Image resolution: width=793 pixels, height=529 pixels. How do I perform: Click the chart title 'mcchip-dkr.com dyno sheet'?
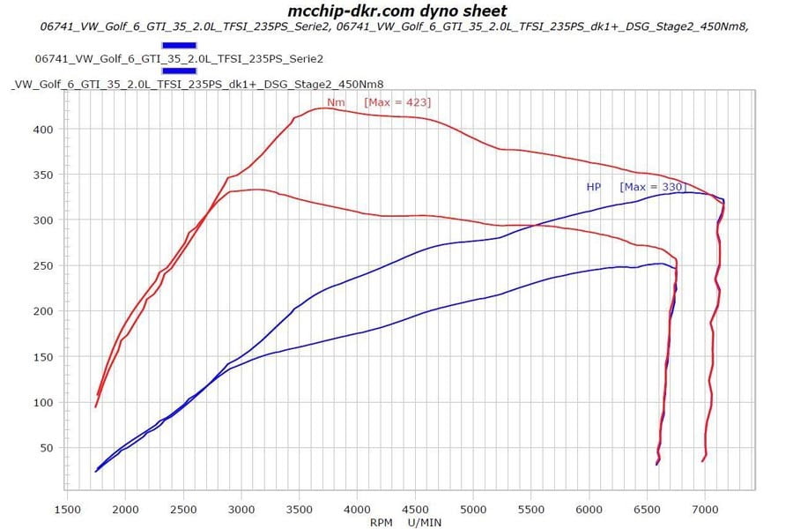[397, 11]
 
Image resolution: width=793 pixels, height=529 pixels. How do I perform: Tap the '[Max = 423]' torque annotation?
[397, 103]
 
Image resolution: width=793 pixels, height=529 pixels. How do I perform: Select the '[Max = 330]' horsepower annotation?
[652, 187]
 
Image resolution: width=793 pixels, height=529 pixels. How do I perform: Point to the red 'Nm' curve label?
[336, 103]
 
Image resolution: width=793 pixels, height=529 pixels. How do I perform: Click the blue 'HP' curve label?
[593, 187]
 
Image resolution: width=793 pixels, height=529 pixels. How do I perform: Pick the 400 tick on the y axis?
[44, 130]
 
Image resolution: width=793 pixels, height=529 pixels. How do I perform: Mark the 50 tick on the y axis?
[48, 448]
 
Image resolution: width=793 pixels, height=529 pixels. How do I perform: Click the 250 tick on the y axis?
[44, 265]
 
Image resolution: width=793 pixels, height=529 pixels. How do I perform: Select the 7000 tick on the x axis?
[705, 509]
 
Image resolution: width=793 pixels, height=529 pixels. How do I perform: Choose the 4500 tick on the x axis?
[415, 509]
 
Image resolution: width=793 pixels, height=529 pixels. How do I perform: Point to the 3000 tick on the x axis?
[241, 509]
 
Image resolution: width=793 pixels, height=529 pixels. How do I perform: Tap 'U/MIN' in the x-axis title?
[425, 521]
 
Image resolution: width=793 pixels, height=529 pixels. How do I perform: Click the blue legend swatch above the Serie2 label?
[180, 43]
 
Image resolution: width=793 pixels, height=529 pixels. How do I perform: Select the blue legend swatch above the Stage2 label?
[180, 71]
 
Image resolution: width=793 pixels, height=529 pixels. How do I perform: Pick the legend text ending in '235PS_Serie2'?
[179, 58]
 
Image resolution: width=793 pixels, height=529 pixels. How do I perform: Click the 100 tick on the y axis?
[44, 402]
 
